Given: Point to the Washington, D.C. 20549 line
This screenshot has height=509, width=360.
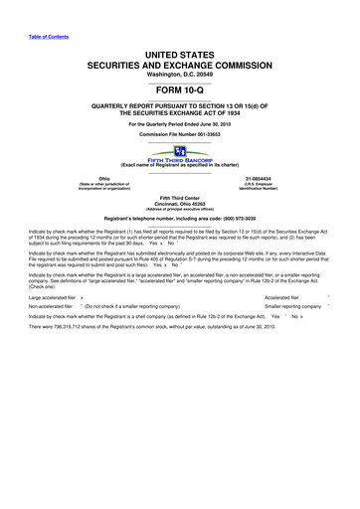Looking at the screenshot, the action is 180,74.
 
